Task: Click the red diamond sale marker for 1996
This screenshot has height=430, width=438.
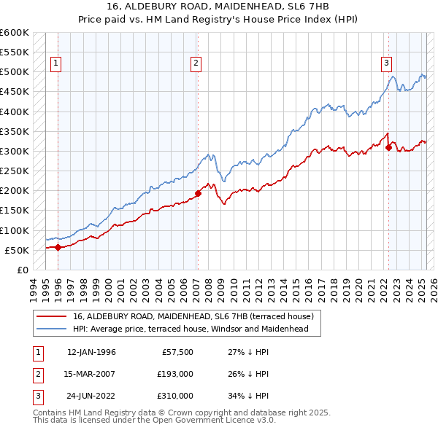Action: [58, 247]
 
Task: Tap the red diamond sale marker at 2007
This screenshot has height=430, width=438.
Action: [198, 194]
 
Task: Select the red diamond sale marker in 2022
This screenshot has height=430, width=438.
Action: [388, 148]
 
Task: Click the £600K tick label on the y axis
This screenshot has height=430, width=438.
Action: [15, 33]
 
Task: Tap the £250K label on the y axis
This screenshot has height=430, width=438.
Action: [15, 171]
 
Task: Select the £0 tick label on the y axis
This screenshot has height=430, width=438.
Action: [22, 270]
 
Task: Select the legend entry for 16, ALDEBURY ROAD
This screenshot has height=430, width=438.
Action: [193, 316]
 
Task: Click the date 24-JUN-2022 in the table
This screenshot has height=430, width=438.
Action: [91, 396]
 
